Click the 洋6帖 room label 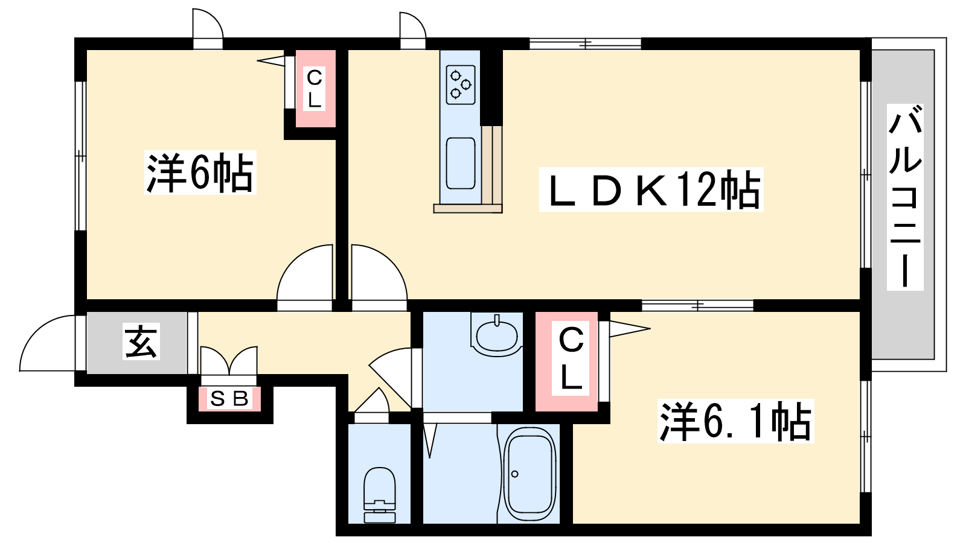click(x=200, y=173)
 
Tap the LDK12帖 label click(x=651, y=189)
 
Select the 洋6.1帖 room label click(x=735, y=421)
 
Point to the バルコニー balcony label click(x=905, y=197)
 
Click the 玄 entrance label click(x=141, y=341)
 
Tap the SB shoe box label click(x=229, y=399)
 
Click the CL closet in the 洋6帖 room click(x=315, y=88)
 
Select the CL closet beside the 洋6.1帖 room click(x=566, y=361)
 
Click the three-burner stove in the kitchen click(x=461, y=85)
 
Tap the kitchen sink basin click(x=460, y=163)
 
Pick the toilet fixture click(x=380, y=495)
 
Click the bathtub click(x=529, y=474)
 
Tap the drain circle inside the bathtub click(x=514, y=474)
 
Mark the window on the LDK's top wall click(x=585, y=43)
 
